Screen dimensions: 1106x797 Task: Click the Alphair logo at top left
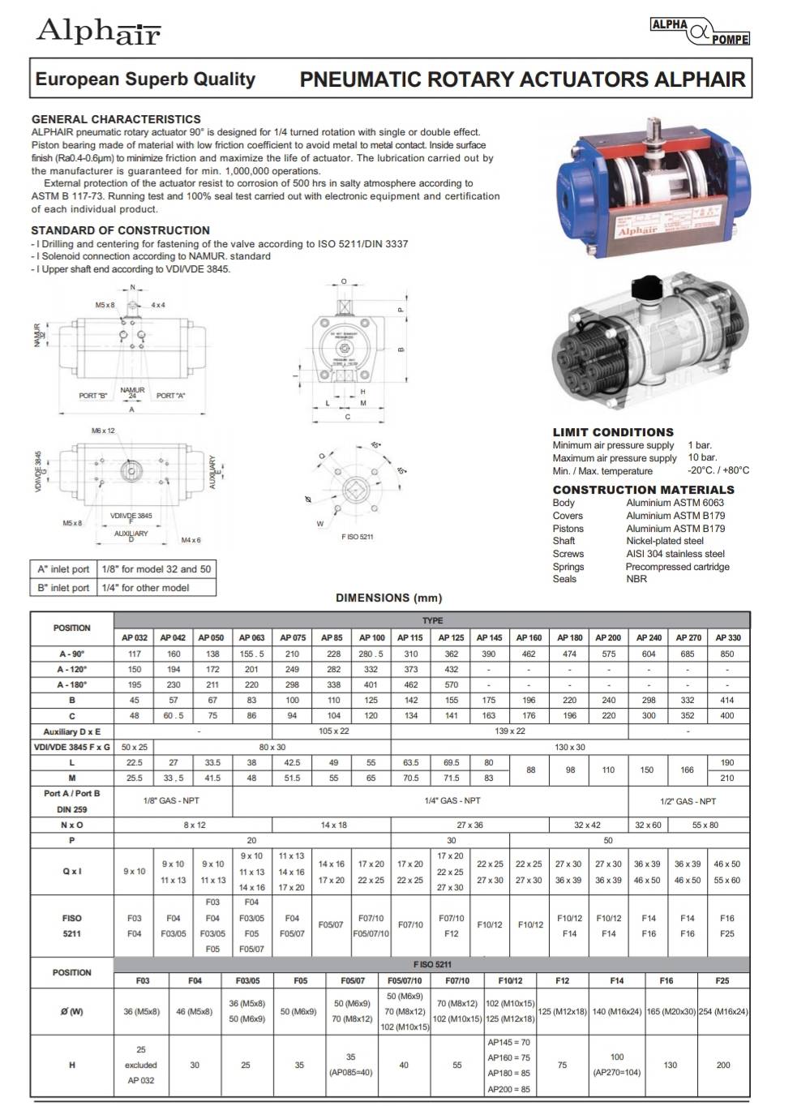(x=98, y=32)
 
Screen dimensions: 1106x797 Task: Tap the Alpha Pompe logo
(x=700, y=32)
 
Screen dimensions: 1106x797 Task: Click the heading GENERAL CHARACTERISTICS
(x=116, y=119)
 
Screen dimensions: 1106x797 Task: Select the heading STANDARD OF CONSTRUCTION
(x=120, y=230)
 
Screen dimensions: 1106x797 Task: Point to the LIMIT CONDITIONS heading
(x=613, y=432)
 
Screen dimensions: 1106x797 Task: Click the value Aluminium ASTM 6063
(x=675, y=503)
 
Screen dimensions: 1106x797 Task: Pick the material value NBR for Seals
(x=636, y=579)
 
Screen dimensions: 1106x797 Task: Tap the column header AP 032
(x=135, y=638)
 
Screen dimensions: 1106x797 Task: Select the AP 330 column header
(x=727, y=638)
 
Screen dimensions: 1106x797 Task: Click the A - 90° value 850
(x=727, y=654)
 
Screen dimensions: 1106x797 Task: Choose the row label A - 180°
(x=71, y=684)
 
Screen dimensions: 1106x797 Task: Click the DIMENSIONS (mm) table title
(x=389, y=598)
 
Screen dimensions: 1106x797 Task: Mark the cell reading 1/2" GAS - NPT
(x=688, y=801)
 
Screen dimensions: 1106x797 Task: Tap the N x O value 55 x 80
(x=705, y=825)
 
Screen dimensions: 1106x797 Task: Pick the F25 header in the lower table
(x=722, y=980)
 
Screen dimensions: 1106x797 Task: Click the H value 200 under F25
(x=723, y=1065)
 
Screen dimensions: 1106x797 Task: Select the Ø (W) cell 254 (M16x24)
(x=722, y=1011)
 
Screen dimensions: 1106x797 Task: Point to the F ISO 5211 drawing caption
(x=358, y=537)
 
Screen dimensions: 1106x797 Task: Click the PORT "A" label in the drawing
(x=170, y=396)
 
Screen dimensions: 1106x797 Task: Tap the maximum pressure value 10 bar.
(x=702, y=457)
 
